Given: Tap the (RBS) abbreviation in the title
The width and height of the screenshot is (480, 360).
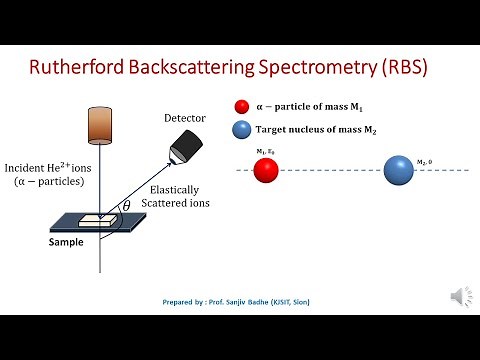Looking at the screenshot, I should (416, 68).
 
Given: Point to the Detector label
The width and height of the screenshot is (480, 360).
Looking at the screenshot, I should (185, 119).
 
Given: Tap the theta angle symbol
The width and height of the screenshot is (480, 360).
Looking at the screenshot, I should (125, 207).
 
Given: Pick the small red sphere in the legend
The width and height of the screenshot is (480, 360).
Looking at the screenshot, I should (240, 107).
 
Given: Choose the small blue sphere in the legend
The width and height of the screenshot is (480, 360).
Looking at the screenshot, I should (240, 129).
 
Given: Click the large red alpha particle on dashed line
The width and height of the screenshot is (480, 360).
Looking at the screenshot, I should (265, 170).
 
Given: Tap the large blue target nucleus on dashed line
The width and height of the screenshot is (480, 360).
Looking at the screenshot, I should (399, 170).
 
